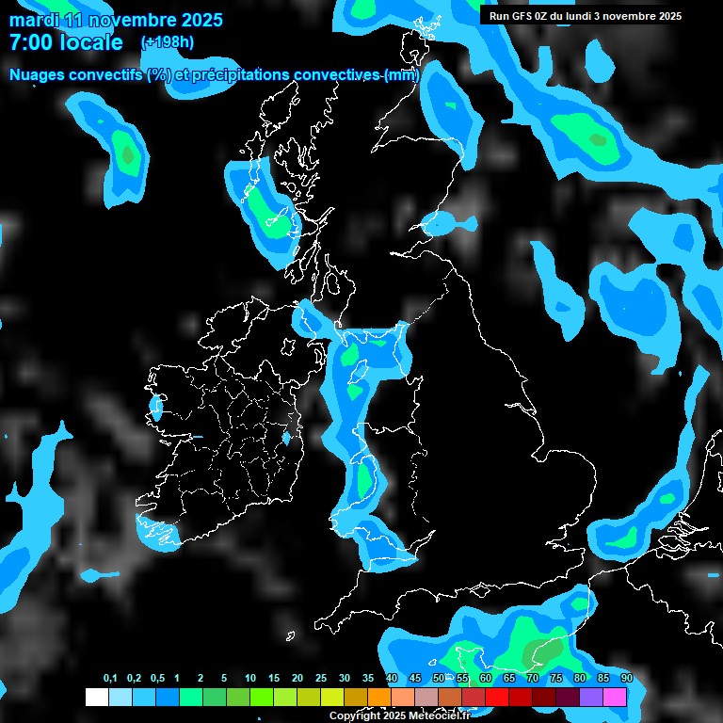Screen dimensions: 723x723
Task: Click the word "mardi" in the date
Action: pyautogui.click(x=34, y=20)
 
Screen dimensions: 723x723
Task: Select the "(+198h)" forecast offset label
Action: pyautogui.click(x=168, y=42)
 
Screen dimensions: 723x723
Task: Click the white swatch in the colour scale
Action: pyautogui.click(x=97, y=697)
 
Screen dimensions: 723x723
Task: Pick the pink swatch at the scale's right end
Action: pyautogui.click(x=615, y=697)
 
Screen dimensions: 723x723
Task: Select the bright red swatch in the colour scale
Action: pyautogui.click(x=497, y=697)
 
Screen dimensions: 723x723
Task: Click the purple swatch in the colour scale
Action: pyautogui.click(x=591, y=697)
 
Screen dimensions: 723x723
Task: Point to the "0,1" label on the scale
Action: pyautogui.click(x=110, y=679)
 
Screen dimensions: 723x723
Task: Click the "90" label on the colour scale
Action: pyautogui.click(x=626, y=679)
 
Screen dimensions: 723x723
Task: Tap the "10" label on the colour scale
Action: pyautogui.click(x=250, y=679)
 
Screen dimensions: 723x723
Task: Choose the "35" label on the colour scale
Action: pyautogui.click(x=368, y=679)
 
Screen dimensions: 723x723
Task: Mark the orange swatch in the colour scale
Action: pyautogui.click(x=379, y=697)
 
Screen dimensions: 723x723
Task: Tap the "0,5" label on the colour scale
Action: pyautogui.click(x=157, y=679)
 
